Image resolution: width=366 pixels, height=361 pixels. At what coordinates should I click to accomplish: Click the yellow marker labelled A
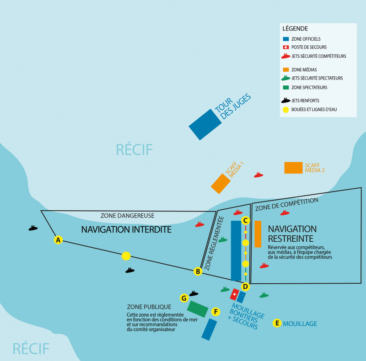(58, 240)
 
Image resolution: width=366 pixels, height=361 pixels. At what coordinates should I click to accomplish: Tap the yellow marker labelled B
(198, 271)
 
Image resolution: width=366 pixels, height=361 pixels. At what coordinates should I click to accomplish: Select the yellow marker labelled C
(245, 221)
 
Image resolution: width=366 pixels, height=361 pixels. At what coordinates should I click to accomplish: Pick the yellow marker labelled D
(245, 287)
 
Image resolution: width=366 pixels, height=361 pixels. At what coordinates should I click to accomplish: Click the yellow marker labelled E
(276, 323)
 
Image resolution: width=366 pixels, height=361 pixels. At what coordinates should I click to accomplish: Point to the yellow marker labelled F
(216, 312)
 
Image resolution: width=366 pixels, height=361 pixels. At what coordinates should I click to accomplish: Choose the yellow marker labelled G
(184, 298)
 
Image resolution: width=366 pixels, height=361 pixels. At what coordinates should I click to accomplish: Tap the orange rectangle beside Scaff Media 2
(293, 168)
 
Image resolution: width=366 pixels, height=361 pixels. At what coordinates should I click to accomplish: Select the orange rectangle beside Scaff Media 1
(221, 183)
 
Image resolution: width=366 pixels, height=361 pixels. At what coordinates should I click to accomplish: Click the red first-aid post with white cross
(235, 294)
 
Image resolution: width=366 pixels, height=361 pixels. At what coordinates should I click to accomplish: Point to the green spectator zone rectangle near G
(198, 309)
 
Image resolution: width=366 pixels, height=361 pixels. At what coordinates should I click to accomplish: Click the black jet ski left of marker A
(33, 228)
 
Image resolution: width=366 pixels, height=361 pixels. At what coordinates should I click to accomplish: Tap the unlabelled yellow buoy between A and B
(126, 256)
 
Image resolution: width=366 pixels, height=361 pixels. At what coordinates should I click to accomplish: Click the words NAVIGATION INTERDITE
(126, 229)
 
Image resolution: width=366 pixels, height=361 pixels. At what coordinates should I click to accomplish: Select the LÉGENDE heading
(296, 28)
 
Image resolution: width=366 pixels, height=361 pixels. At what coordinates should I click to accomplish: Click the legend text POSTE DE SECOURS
(309, 48)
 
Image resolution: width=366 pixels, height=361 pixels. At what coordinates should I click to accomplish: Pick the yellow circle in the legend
(286, 110)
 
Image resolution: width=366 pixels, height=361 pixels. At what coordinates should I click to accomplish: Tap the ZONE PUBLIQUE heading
(149, 307)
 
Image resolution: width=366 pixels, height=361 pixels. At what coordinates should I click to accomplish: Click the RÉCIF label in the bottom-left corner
(31, 348)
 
